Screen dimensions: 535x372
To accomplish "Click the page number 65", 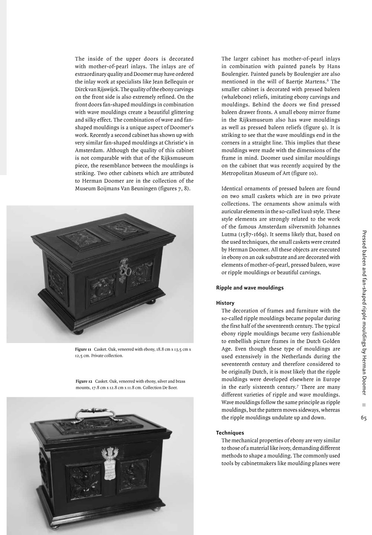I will coord(363,418).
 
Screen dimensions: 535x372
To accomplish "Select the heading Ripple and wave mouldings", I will coord(250,288).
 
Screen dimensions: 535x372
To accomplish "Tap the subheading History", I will coord(225,303).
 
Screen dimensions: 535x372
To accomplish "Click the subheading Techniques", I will coord(230,433).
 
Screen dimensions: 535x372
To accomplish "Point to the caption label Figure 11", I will coord(83,349).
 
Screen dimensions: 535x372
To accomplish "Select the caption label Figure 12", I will coord(84,381).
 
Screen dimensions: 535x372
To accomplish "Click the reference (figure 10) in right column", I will coord(304,173).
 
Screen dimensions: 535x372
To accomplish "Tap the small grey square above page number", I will coord(364,405).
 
